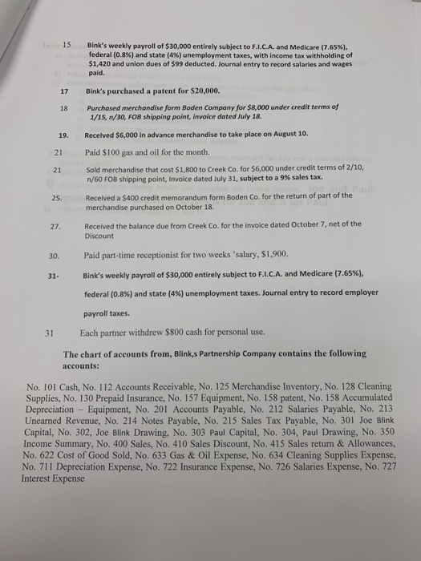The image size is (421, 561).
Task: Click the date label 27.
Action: point(56,224)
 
